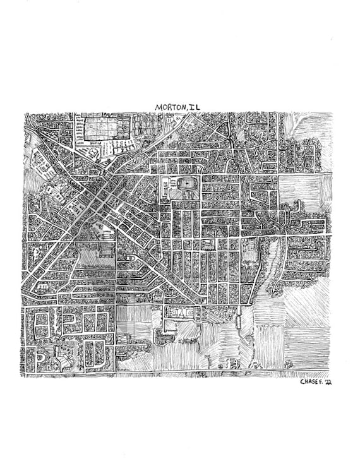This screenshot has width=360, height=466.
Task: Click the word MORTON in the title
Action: (169, 108)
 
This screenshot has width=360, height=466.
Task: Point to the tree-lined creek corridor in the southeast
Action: (272, 265)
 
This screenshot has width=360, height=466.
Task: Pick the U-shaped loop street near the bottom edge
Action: (94, 354)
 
